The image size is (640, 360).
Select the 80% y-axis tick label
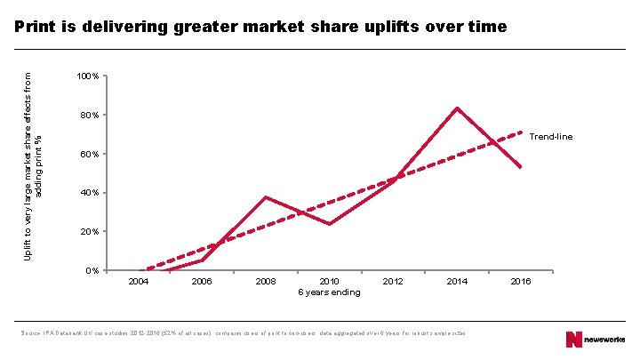(x=89, y=116)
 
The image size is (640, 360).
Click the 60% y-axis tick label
(x=89, y=155)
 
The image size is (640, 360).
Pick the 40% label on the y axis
(x=89, y=193)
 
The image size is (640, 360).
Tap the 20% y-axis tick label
(x=89, y=232)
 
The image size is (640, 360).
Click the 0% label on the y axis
(x=92, y=270)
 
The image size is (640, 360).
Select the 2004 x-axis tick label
(x=138, y=282)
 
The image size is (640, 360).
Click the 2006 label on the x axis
(x=202, y=282)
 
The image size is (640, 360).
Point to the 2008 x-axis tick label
(x=265, y=282)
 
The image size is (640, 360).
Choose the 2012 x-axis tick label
(x=393, y=282)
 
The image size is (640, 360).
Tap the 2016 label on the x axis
(x=521, y=282)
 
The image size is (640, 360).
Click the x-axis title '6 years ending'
(x=329, y=292)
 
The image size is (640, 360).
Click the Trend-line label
(x=551, y=137)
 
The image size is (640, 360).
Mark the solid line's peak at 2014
(x=457, y=108)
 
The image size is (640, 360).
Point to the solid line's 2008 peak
(x=266, y=197)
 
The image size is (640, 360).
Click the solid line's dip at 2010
(x=329, y=224)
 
